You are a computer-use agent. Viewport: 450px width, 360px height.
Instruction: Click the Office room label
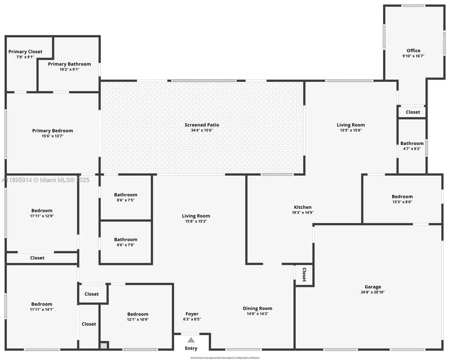[x=413, y=50]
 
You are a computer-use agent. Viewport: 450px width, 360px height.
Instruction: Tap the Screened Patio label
[x=202, y=125]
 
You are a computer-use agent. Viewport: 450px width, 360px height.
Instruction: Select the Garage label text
[x=373, y=287]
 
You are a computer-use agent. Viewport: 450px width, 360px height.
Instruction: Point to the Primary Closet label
[x=25, y=51]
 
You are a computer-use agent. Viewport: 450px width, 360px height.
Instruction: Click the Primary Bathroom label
[x=69, y=64]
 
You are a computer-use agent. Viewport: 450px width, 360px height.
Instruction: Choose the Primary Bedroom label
[x=52, y=130]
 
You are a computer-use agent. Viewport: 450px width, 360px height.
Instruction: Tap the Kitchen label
[x=303, y=207]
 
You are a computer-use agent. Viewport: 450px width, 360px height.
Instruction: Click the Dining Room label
[x=258, y=308]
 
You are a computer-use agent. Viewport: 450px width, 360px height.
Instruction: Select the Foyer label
[x=191, y=314]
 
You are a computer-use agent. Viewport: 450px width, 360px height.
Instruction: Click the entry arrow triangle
[x=191, y=340]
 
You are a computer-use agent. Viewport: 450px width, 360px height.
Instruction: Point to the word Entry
[x=191, y=348]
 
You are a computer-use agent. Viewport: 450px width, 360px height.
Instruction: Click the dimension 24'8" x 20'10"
[x=373, y=293]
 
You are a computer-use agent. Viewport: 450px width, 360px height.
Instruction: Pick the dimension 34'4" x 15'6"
[x=202, y=130]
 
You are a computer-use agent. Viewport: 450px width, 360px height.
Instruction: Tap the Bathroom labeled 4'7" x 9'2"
[x=412, y=143]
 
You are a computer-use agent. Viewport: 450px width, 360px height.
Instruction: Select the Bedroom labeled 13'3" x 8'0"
[x=402, y=196]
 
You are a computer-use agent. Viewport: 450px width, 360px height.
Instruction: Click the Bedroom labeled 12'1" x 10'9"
[x=137, y=314]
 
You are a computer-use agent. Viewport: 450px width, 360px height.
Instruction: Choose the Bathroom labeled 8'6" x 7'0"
[x=125, y=239]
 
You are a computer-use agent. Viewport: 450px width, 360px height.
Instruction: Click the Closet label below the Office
[x=413, y=112]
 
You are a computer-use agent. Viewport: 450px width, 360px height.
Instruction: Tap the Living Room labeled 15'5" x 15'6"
[x=351, y=125]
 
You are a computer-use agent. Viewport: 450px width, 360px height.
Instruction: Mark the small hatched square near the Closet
[x=104, y=345]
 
